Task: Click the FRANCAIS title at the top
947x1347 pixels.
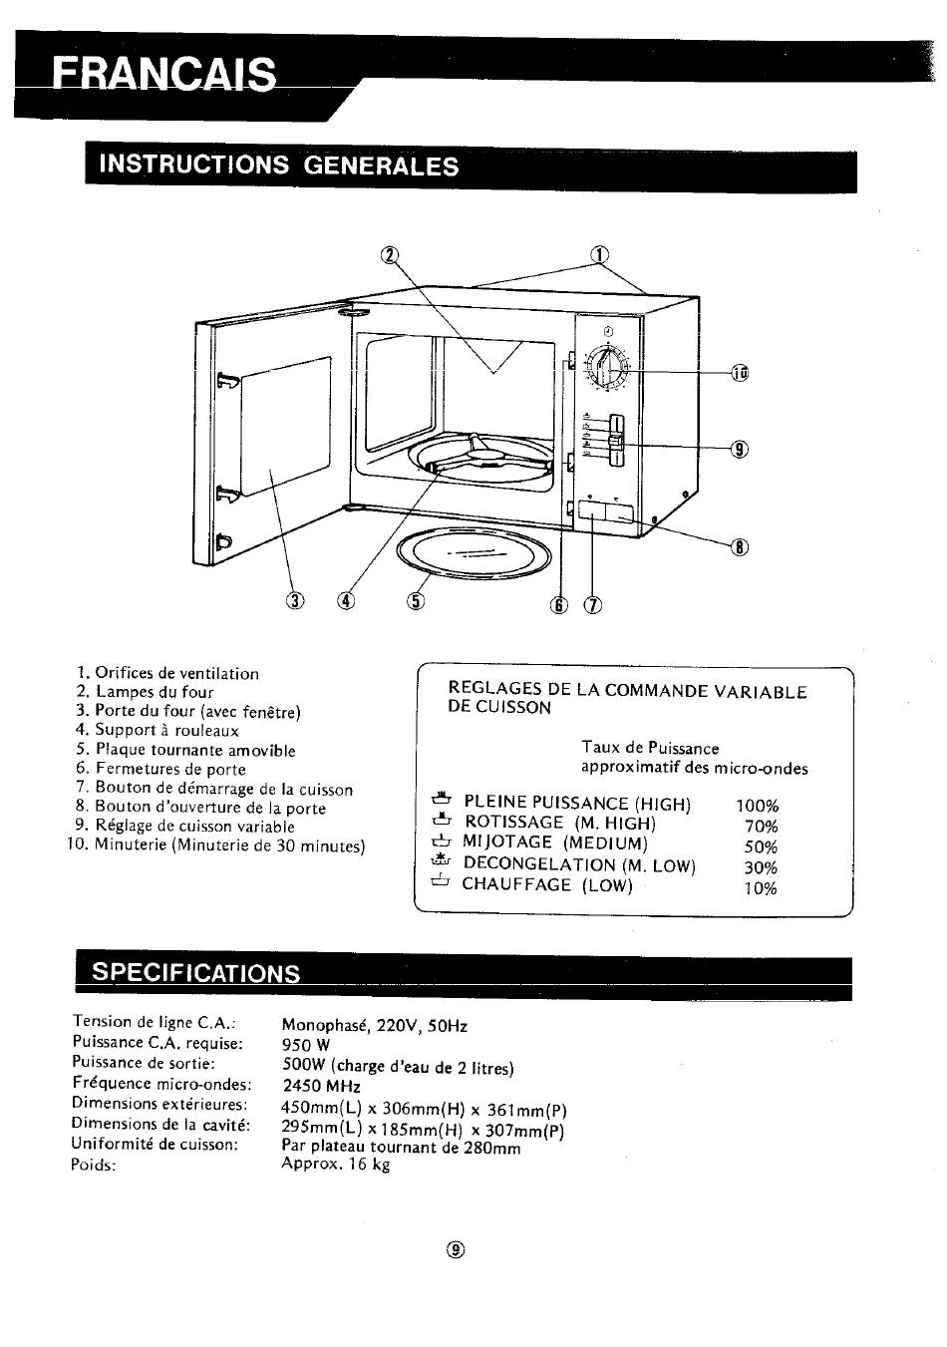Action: coord(163,74)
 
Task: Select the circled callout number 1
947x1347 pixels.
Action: coord(599,255)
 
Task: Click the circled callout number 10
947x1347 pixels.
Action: coord(740,373)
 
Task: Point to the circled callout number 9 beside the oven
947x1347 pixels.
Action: coord(740,449)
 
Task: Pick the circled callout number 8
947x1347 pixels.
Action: coord(740,546)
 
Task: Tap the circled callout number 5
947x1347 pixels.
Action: coord(416,600)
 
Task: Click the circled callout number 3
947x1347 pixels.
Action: coord(295,600)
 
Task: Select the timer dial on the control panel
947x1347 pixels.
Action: coord(608,366)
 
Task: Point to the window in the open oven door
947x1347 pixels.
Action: coord(286,426)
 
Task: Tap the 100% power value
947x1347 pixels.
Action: coord(757,806)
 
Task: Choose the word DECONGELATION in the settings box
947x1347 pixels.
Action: coord(539,864)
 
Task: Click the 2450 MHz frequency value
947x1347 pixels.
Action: coord(322,1086)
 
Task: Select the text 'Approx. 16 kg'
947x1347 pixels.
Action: coord(336,1164)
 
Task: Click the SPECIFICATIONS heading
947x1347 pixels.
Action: coord(196,973)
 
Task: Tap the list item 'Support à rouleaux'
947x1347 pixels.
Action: coord(167,731)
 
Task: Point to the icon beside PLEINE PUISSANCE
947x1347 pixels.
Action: coord(441,800)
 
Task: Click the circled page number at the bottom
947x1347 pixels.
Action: coord(457,1249)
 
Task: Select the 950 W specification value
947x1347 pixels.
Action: coord(306,1045)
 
